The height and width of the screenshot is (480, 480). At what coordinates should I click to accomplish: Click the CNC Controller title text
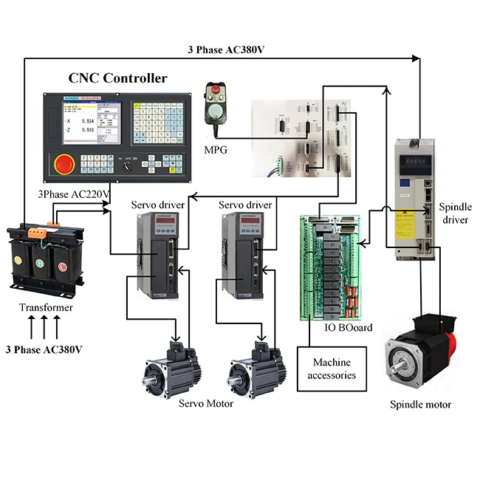(117, 78)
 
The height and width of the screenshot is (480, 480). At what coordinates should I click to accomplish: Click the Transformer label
(47, 307)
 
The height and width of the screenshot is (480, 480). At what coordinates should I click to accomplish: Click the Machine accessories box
(332, 368)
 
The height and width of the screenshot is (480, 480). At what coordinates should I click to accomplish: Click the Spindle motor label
(419, 404)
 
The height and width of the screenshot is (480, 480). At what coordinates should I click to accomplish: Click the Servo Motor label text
(206, 403)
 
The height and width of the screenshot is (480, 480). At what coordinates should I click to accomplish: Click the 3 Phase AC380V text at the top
(225, 50)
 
